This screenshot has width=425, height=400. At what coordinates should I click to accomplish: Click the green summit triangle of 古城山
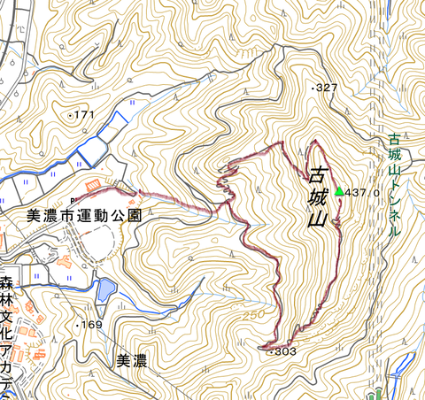pos(338,191)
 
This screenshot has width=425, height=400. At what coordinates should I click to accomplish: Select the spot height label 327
pos(328,88)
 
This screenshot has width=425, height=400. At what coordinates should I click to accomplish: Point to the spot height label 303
pos(283,351)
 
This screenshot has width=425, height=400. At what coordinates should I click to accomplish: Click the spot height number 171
pos(85,116)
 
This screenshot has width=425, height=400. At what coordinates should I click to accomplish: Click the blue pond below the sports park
pos(104,288)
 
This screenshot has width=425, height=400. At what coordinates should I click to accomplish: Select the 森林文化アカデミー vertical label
pos(8,336)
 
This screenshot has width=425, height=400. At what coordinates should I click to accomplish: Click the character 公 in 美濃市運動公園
pos(118,215)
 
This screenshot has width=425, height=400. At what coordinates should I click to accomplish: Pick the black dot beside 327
pos(313,88)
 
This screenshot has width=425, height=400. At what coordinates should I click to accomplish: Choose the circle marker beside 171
pos(71,116)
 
